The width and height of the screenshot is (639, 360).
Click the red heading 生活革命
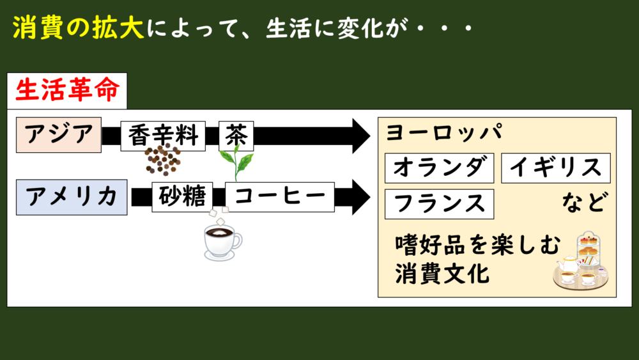coord(66,91)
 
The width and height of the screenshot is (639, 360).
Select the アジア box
coord(59,135)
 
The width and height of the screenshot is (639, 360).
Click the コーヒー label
coord(280,198)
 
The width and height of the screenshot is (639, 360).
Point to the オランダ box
coord(439,168)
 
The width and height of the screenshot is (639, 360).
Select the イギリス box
coord(555,168)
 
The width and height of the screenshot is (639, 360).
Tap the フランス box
coord(439,204)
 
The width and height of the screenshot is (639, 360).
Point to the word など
coord(582,203)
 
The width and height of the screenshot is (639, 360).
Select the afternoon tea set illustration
coord(581,262)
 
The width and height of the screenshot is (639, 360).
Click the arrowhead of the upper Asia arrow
coord(359,136)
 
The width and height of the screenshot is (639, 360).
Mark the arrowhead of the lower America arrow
coord(359,197)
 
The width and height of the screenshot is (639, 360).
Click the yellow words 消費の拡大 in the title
coord(78,29)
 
